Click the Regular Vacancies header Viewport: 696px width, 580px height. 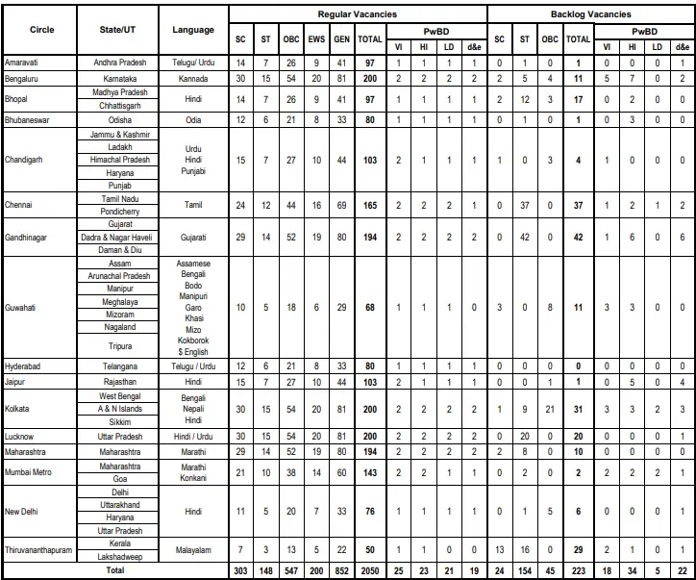[x=356, y=14]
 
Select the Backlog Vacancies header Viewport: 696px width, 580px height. [x=590, y=14]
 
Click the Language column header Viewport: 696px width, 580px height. [x=193, y=30]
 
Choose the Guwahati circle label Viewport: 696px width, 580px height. [x=24, y=308]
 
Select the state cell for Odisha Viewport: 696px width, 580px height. [x=114, y=120]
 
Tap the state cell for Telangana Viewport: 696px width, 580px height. [x=114, y=366]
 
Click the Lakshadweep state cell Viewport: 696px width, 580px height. [x=114, y=556]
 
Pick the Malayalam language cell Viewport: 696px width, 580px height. [x=193, y=548]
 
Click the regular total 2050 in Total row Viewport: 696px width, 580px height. [x=368, y=571]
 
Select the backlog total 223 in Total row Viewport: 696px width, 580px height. [x=578, y=571]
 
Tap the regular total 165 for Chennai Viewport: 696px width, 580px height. [x=368, y=205]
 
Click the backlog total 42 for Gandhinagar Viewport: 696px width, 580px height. [x=578, y=236]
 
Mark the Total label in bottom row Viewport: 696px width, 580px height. [x=114, y=571]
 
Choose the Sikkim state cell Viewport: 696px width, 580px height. [x=114, y=421]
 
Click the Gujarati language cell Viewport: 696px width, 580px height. [x=193, y=236]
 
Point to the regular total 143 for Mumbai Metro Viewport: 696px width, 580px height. [x=368, y=472]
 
